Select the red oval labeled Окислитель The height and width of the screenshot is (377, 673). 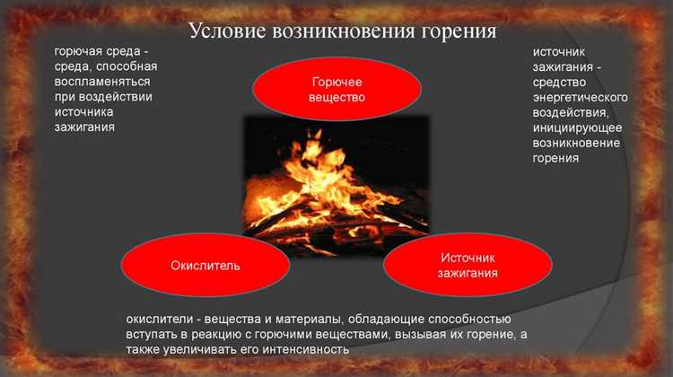tap(205, 266)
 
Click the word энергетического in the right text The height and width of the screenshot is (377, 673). tap(580, 97)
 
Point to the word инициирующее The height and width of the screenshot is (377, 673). tap(577, 127)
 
